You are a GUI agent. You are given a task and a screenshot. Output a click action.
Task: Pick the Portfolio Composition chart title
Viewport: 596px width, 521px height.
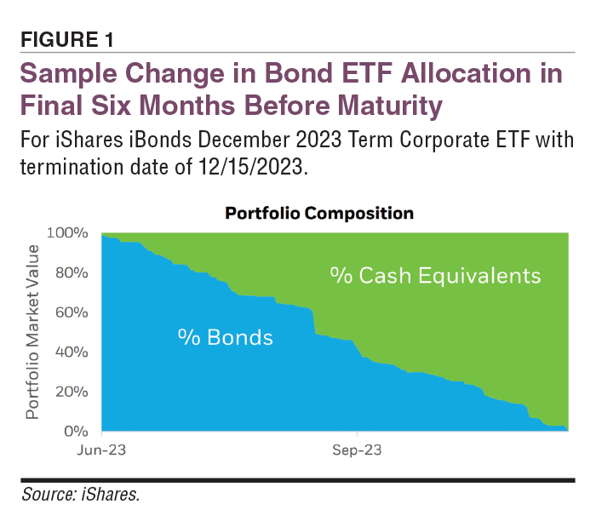(318, 213)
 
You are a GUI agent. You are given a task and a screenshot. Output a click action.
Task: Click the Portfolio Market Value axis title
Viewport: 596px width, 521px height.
(32, 332)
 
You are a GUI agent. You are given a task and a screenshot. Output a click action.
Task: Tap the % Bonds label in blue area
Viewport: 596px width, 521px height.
(225, 338)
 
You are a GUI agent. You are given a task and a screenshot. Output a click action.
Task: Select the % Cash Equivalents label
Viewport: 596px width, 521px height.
(435, 276)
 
